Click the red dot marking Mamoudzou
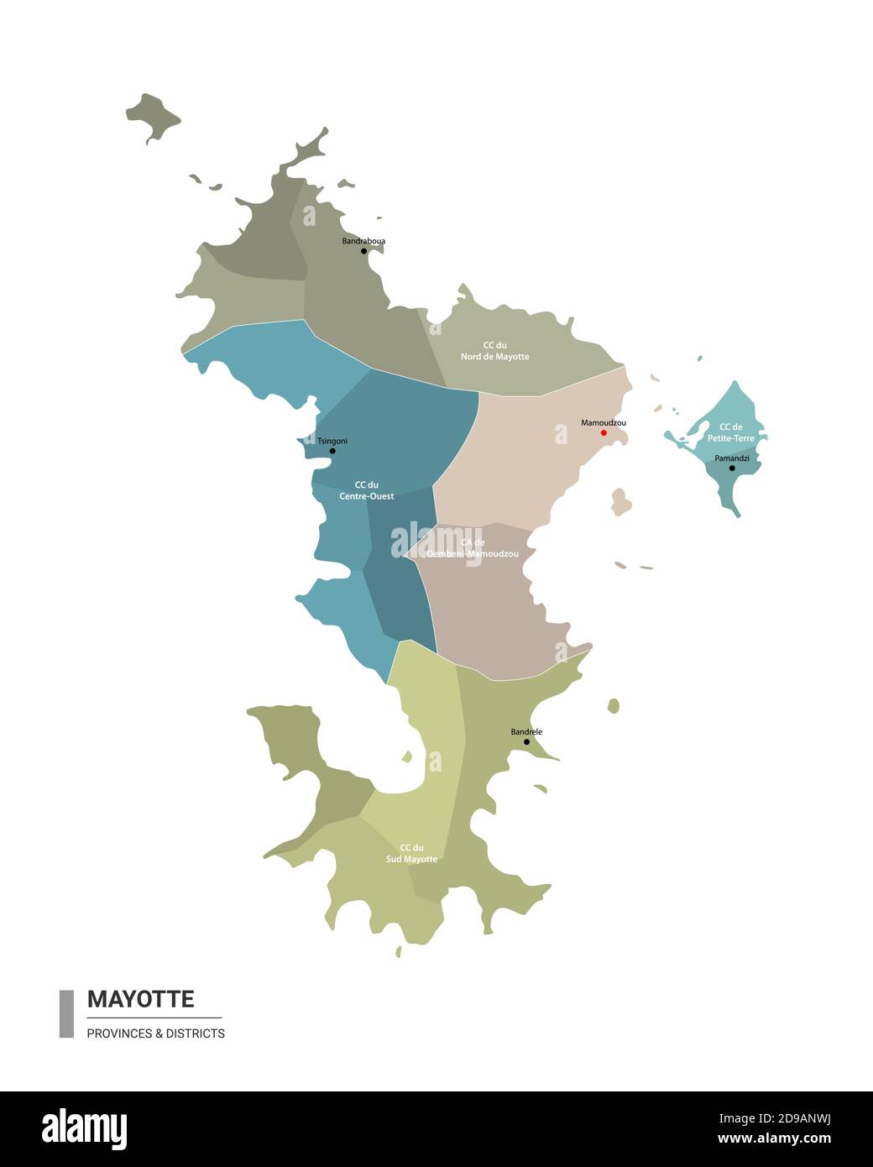(604, 433)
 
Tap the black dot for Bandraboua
(363, 251)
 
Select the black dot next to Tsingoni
(332, 451)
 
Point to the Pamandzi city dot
(732, 468)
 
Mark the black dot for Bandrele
(526, 742)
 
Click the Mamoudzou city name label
(604, 423)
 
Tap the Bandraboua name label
(363, 241)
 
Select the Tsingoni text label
(332, 441)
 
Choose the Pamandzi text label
(732, 458)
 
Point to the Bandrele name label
(526, 732)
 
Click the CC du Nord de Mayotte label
(494, 351)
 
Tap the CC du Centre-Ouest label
(366, 490)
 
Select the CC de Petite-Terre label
(731, 432)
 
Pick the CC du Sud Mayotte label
(411, 853)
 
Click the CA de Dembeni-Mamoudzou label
(472, 548)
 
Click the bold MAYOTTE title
(140, 999)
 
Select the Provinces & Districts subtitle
(155, 1034)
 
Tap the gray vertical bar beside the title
(66, 1013)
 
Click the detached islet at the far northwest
(152, 116)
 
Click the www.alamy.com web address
(775, 1138)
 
